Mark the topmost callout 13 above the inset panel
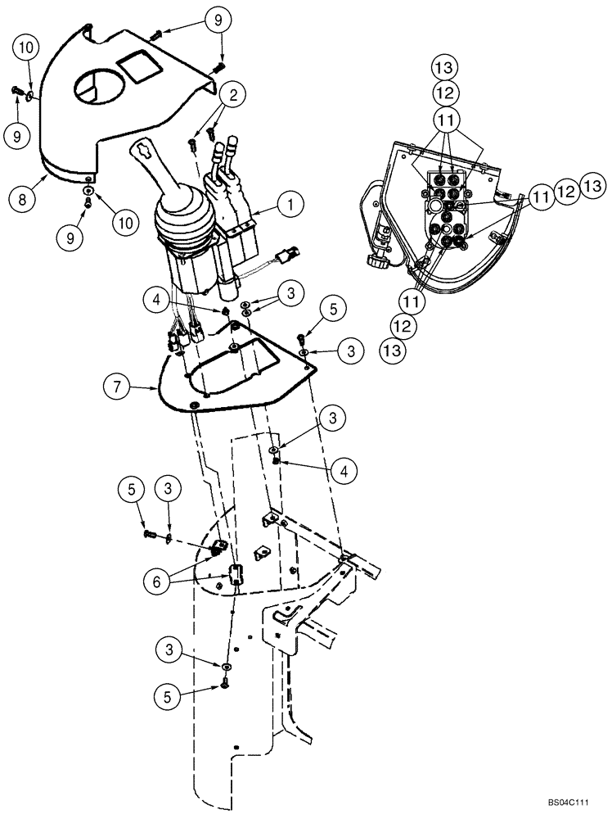(x=448, y=67)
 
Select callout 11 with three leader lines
(x=448, y=120)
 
